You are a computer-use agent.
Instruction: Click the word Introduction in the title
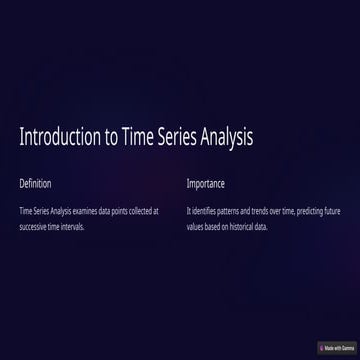pyautogui.click(x=58, y=137)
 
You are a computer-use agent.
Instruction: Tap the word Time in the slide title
pyautogui.click(x=138, y=137)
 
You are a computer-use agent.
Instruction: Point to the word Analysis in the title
pyautogui.click(x=229, y=137)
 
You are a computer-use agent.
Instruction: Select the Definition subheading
pyautogui.click(x=35, y=184)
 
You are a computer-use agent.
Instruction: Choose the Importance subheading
pyautogui.click(x=205, y=184)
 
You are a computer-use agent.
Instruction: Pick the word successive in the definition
pyautogui.click(x=34, y=226)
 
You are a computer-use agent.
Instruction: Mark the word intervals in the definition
pyautogui.click(x=73, y=226)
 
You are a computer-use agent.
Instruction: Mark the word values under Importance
pyautogui.click(x=195, y=226)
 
